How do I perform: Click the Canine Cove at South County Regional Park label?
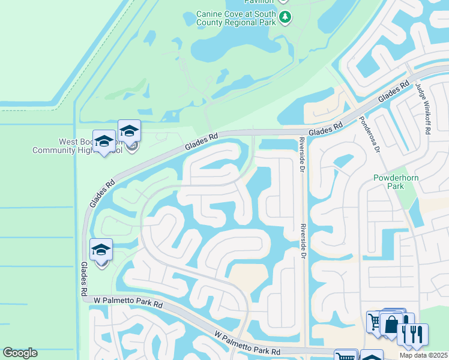236,18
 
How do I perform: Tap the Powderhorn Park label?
397,182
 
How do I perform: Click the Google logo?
20,353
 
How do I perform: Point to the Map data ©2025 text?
423,355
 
